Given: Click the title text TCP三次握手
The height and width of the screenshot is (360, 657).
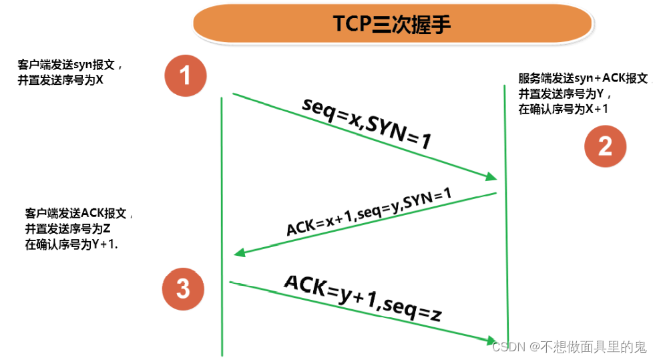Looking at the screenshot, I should coord(392,25).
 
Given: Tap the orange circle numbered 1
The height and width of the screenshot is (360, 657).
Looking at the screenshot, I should coord(185,75).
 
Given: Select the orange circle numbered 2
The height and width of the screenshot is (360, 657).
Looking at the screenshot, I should coord(605,146).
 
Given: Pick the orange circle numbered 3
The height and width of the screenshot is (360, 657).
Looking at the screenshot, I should coord(182,289).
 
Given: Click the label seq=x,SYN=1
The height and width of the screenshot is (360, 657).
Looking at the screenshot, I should coord(367,124).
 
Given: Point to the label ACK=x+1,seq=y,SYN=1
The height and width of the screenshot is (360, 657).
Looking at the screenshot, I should coord(369,212).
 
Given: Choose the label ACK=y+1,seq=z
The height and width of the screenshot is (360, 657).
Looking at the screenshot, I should coord(362,297).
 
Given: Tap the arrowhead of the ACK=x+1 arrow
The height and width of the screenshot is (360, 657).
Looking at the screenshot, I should coord(238,253).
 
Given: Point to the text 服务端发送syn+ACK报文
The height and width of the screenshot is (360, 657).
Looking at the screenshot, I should coord(583,78).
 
